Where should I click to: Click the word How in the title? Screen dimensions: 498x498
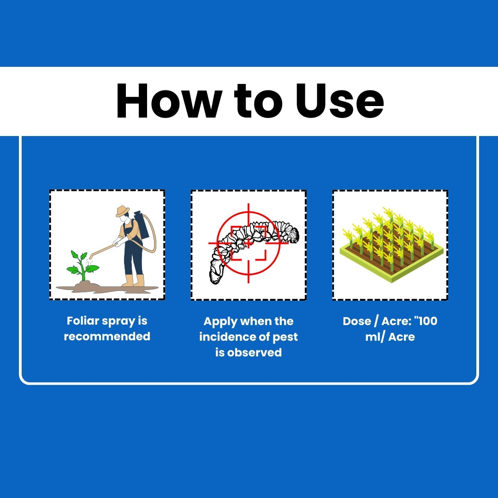click(x=169, y=101)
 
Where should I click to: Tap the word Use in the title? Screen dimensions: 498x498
click(x=339, y=101)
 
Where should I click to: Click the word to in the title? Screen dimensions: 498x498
click(x=258, y=101)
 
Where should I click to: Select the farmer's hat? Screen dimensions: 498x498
click(x=123, y=211)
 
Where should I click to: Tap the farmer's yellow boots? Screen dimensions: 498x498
click(x=134, y=280)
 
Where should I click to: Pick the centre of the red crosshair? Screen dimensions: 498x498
click(x=249, y=243)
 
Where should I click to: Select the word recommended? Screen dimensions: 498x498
click(x=107, y=336)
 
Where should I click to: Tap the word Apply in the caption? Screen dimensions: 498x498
click(x=220, y=322)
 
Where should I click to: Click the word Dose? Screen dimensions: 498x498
click(x=357, y=321)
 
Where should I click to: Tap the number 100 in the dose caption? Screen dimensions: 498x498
click(x=427, y=321)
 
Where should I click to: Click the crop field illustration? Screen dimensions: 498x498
click(x=391, y=244)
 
